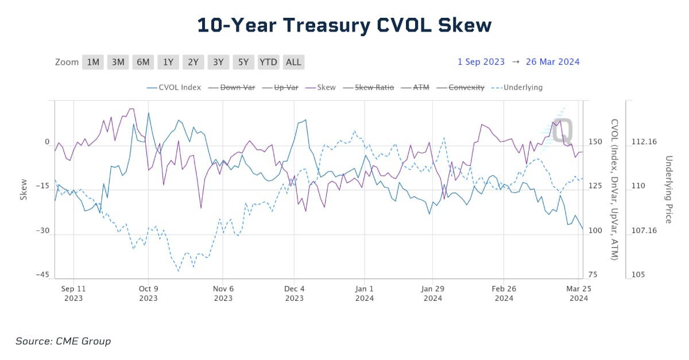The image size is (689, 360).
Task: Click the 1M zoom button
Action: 93,62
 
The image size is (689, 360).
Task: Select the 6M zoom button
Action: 143,62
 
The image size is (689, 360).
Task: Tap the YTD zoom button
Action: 268,62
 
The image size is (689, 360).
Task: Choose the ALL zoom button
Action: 293,62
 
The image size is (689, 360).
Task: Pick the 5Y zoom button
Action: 243,62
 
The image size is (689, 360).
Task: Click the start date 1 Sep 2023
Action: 481,62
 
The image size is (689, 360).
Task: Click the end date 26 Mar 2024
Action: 552,62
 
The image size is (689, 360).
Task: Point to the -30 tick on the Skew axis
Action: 42,231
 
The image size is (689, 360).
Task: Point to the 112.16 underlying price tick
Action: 644,142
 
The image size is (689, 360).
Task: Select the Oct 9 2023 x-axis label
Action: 148,293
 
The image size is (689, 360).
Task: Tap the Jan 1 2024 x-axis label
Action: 364,293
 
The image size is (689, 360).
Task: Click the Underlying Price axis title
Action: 668,189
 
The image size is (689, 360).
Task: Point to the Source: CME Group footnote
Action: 63,341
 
